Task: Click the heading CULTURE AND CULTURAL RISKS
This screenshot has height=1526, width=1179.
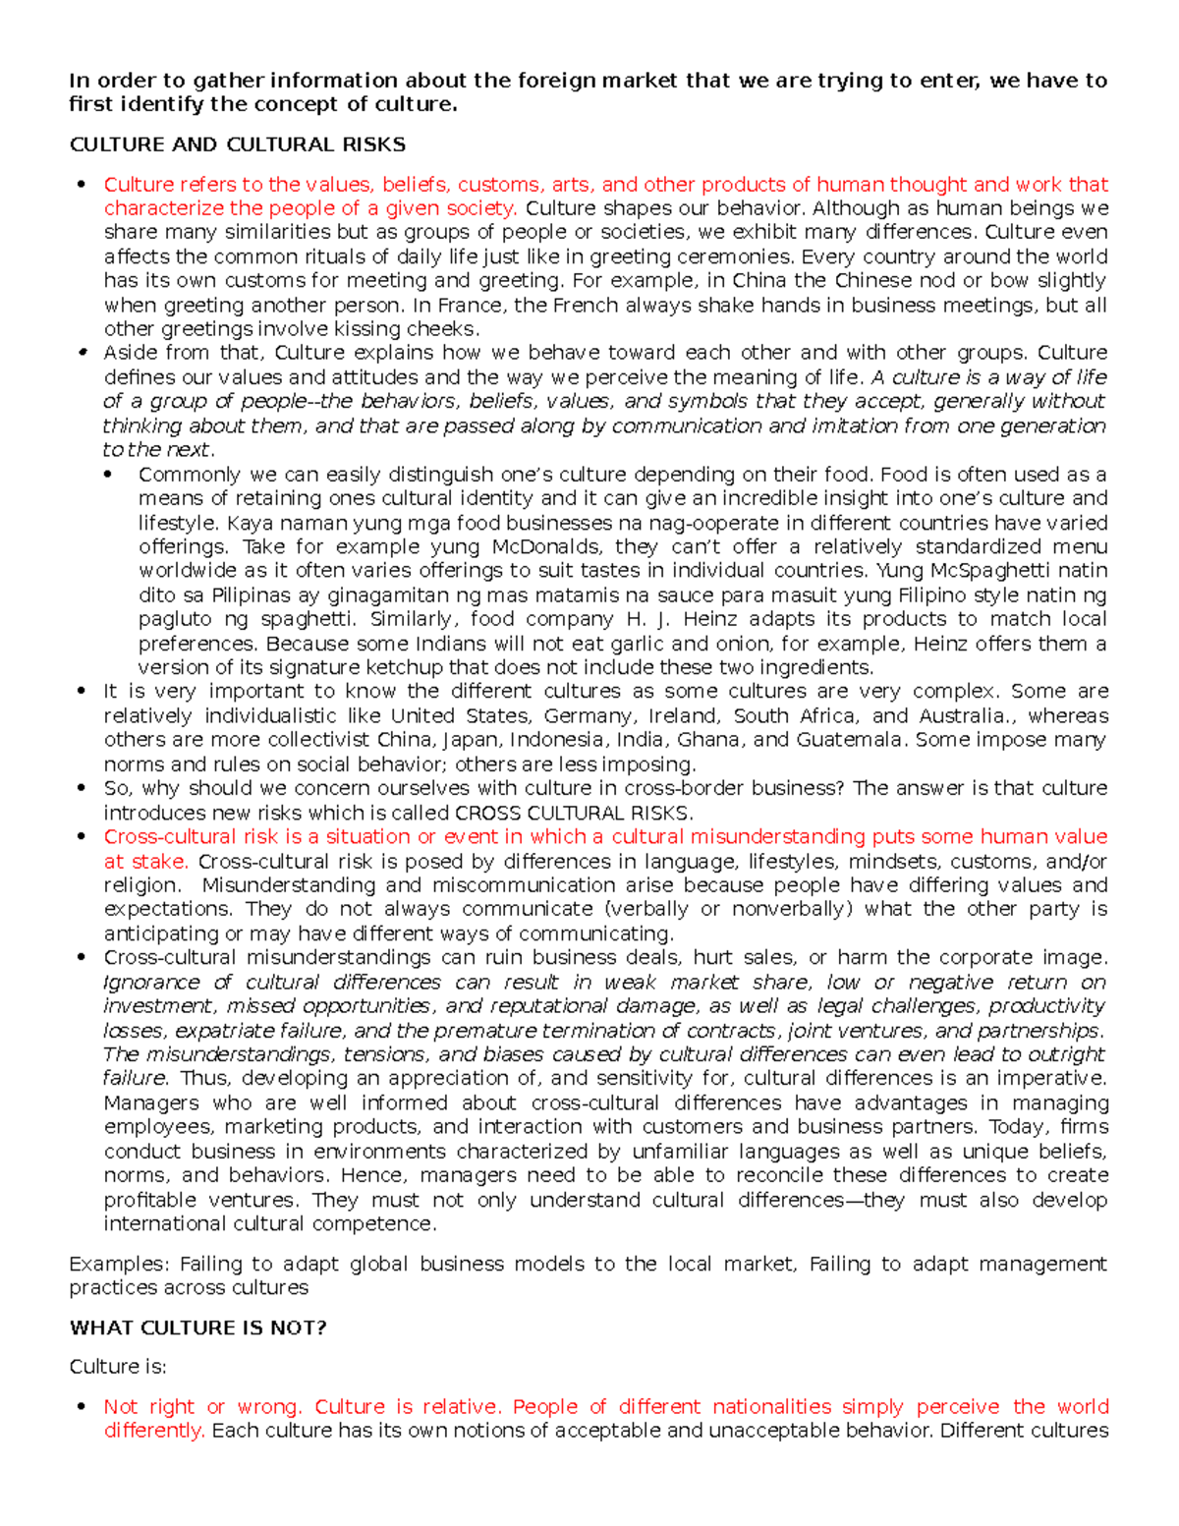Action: point(237,144)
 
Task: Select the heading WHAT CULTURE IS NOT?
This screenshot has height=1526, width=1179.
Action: point(197,1328)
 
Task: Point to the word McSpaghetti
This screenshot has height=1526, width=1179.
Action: point(992,571)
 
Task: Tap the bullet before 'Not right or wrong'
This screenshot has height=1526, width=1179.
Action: point(82,1407)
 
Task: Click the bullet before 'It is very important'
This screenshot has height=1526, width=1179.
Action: point(82,692)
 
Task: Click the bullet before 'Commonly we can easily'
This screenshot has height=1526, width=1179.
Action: point(116,475)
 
